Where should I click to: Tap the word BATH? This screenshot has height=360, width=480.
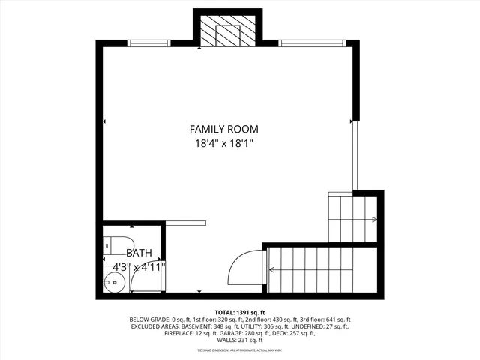pos(139,253)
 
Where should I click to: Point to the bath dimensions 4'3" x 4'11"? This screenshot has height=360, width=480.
pos(139,266)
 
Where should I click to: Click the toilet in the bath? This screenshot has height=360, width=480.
pos(113,245)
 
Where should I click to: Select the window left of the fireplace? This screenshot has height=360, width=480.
pos(150,43)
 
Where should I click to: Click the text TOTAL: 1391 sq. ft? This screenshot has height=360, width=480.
pos(240,312)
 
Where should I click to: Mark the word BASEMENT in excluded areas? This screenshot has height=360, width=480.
pos(194,326)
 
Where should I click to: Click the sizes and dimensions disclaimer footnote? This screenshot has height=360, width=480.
pos(240,350)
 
